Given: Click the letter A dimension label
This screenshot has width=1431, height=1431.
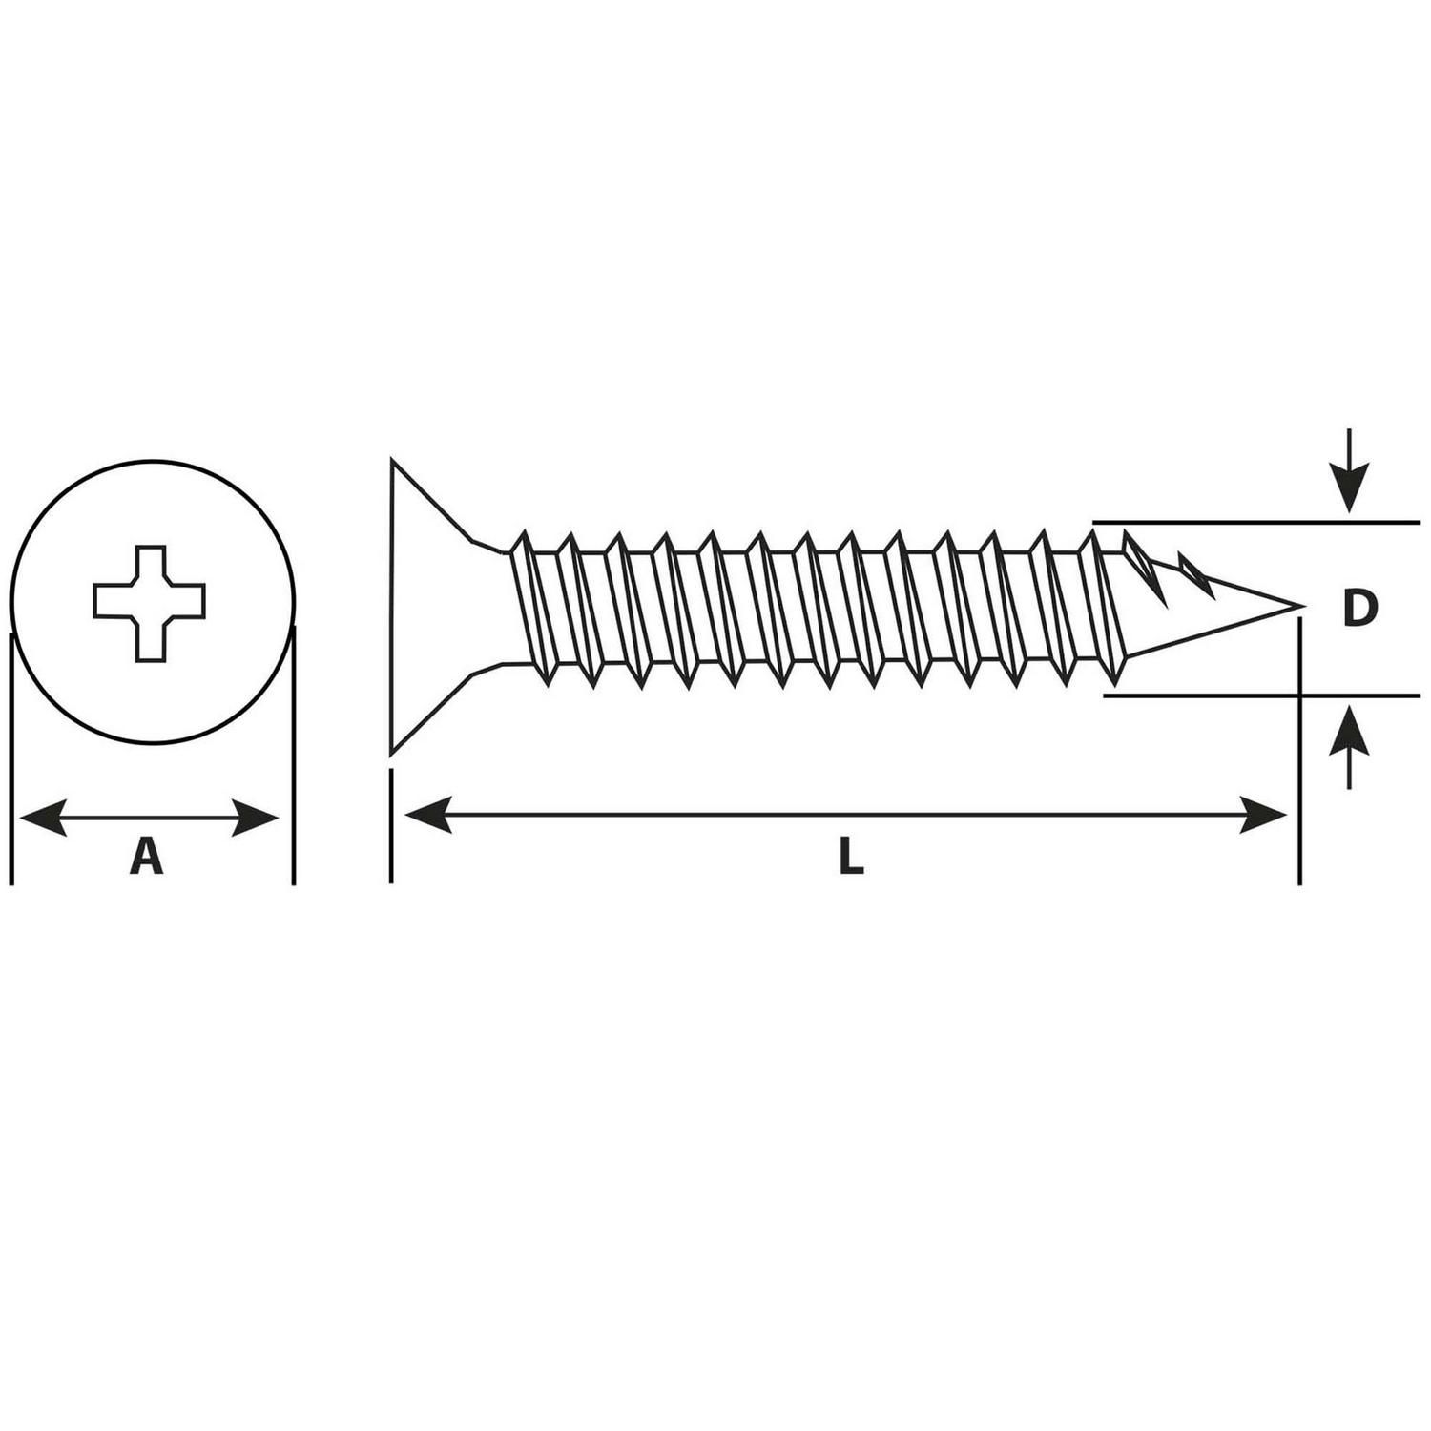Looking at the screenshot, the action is click(x=146, y=855).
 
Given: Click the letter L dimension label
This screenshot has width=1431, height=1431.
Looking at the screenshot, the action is click(x=851, y=856).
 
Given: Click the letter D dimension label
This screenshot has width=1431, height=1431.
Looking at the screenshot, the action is click(x=1358, y=609).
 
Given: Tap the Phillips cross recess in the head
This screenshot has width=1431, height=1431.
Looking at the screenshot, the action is click(x=149, y=602).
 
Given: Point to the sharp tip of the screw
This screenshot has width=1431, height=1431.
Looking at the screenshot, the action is click(x=1303, y=606).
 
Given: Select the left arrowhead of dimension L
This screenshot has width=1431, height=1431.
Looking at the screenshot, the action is click(x=427, y=815).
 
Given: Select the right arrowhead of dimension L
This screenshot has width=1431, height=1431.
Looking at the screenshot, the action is click(x=1263, y=815).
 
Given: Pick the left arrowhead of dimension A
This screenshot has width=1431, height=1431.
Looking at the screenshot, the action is click(x=43, y=818).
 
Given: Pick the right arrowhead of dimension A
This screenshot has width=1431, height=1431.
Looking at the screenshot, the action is click(x=256, y=818).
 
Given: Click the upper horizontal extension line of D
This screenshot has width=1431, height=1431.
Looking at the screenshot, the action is click(x=1255, y=523).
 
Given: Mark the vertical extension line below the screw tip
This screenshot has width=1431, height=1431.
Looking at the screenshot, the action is click(x=1299, y=751).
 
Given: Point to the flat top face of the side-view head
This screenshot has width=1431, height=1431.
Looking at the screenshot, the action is click(x=390, y=608).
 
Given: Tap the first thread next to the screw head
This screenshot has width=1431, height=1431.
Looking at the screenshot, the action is click(x=530, y=608).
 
